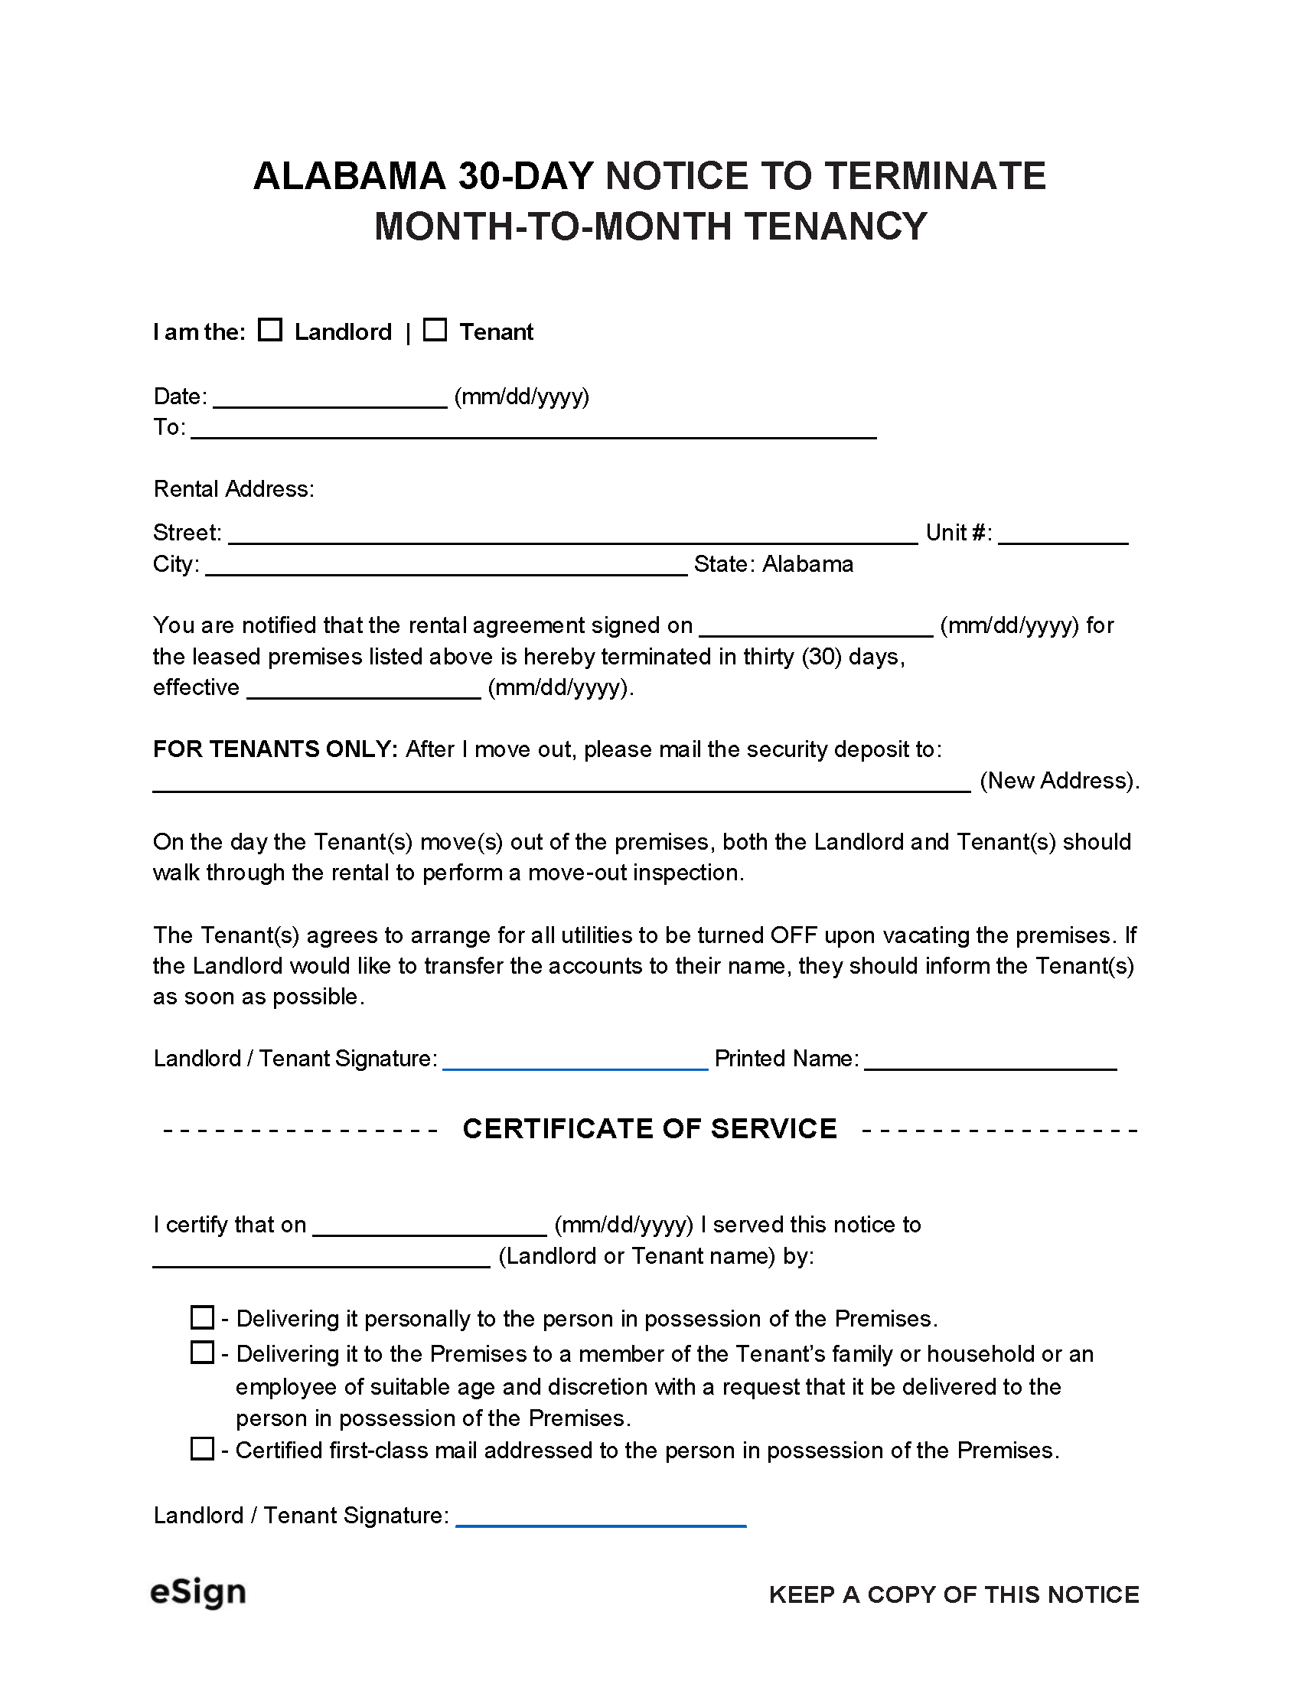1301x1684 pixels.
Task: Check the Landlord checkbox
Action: pos(269,330)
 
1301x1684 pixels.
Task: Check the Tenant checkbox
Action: pos(435,330)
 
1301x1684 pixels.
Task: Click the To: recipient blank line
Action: pos(533,430)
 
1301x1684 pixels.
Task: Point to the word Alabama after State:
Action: pos(807,564)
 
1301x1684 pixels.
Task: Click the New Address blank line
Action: pos(561,783)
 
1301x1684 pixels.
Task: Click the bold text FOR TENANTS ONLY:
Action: pos(276,749)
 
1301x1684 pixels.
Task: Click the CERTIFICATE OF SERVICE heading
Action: pos(649,1129)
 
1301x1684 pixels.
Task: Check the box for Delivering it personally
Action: pos(202,1318)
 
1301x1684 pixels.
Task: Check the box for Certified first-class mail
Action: pos(202,1449)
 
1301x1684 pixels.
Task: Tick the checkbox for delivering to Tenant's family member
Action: pos(202,1353)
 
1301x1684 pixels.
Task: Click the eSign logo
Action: pos(198,1592)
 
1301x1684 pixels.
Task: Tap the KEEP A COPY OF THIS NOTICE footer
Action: pos(954,1594)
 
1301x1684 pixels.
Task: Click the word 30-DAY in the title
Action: pos(527,176)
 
